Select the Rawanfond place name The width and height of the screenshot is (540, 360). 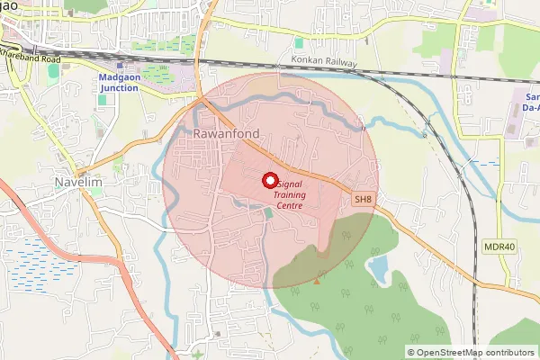tap(227, 134)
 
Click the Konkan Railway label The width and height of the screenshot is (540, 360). tap(323, 62)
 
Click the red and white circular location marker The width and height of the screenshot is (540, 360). tap(269, 180)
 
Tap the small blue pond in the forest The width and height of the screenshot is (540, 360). tap(379, 265)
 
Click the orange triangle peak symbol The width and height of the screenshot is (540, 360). tap(316, 280)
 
